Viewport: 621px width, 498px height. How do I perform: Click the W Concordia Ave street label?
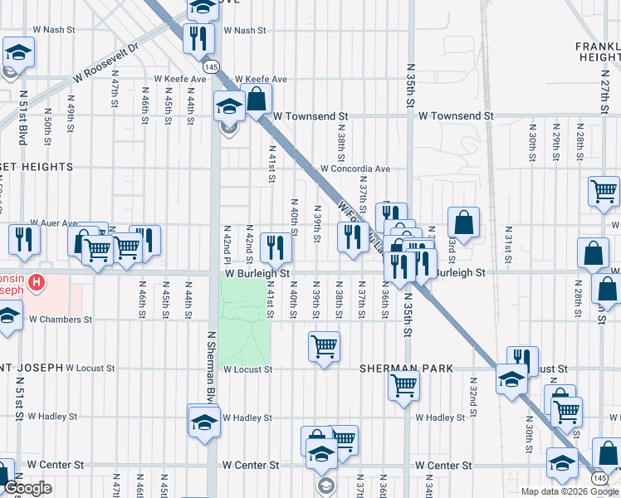tap(356, 168)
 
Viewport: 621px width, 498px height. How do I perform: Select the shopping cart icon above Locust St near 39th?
tap(323, 346)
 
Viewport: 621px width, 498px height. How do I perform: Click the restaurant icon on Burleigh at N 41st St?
tap(275, 247)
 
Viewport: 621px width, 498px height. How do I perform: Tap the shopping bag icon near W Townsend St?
tap(257, 98)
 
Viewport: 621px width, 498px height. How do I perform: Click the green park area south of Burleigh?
tap(245, 315)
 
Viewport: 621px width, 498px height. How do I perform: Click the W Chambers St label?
tap(61, 319)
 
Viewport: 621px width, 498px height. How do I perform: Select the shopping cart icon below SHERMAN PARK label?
tap(403, 384)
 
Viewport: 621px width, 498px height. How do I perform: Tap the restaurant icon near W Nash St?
tap(198, 37)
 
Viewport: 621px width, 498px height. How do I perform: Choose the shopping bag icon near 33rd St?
tap(463, 222)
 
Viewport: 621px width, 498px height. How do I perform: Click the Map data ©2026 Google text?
tap(569, 491)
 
